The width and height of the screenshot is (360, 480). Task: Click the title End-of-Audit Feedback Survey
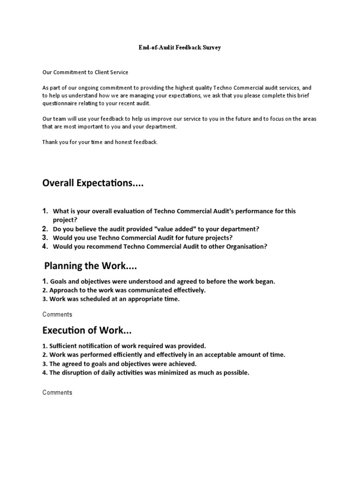point(180,48)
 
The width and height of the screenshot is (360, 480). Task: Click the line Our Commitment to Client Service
point(85,72)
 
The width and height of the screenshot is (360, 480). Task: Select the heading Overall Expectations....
point(93,183)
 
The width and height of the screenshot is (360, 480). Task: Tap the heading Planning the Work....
point(91,266)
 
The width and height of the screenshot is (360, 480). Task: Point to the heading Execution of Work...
point(87,330)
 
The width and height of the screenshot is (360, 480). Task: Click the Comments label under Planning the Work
point(57,315)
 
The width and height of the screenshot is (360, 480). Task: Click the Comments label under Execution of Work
point(57,392)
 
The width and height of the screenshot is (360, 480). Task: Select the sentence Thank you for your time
point(100,142)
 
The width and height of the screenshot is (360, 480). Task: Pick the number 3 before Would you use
point(45,238)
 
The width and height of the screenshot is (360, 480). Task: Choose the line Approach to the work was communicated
point(124,290)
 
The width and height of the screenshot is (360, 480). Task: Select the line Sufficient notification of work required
point(124,346)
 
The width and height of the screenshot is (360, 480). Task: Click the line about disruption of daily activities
point(146,373)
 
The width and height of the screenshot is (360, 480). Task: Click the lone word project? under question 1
point(65,219)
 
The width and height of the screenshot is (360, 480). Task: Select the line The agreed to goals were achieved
point(120,364)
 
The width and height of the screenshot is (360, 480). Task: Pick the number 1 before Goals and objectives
point(45,281)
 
